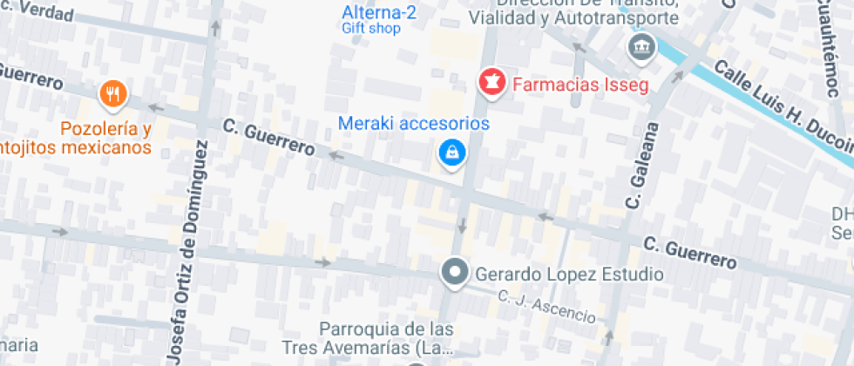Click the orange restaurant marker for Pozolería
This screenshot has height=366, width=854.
(113, 92)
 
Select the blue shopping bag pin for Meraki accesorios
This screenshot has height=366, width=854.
(452, 153)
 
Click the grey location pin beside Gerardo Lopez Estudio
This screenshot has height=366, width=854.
(454, 273)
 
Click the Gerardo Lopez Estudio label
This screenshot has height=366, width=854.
(569, 274)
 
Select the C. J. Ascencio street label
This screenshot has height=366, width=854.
(546, 305)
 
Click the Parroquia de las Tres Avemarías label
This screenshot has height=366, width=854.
(386, 339)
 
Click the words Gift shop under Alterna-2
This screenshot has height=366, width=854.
(370, 28)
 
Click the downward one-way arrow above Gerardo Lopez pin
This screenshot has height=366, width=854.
(462, 227)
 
